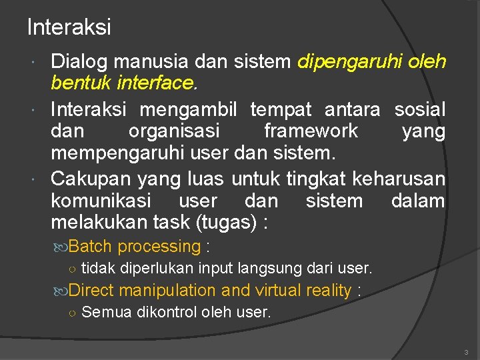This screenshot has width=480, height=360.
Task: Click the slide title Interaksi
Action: click(69, 27)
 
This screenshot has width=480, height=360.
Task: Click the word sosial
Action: click(419, 108)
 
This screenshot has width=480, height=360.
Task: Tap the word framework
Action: click(311, 131)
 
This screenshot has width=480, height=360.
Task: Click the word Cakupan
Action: click(91, 178)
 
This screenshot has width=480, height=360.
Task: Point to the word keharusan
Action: click(398, 178)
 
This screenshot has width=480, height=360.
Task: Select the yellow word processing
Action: click(159, 247)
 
